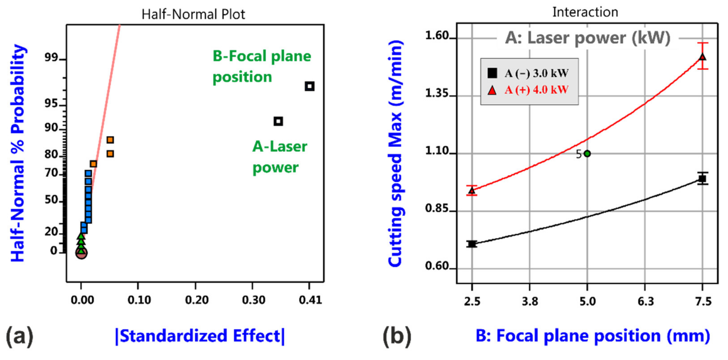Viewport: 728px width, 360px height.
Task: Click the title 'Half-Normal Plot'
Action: click(x=193, y=14)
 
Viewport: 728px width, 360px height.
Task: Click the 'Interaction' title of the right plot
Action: click(x=585, y=12)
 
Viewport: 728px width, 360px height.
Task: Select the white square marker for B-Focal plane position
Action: click(x=309, y=86)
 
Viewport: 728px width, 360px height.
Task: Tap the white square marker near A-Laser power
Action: click(x=278, y=121)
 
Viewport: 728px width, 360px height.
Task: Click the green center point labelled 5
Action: click(x=587, y=154)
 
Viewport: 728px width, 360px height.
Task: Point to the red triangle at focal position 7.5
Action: click(x=702, y=57)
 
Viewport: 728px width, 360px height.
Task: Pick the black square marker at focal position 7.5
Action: click(x=702, y=179)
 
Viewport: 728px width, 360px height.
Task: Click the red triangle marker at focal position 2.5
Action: click(x=472, y=191)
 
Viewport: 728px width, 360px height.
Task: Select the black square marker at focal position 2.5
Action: click(x=472, y=244)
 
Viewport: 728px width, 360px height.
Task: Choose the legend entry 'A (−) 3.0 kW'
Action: click(x=536, y=73)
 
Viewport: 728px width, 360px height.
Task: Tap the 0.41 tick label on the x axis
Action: click(x=310, y=300)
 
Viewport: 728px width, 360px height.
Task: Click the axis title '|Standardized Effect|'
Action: click(x=200, y=336)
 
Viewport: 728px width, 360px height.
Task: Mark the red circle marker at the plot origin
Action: click(x=81, y=253)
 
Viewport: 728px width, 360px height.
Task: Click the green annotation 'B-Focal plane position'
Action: click(x=261, y=66)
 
